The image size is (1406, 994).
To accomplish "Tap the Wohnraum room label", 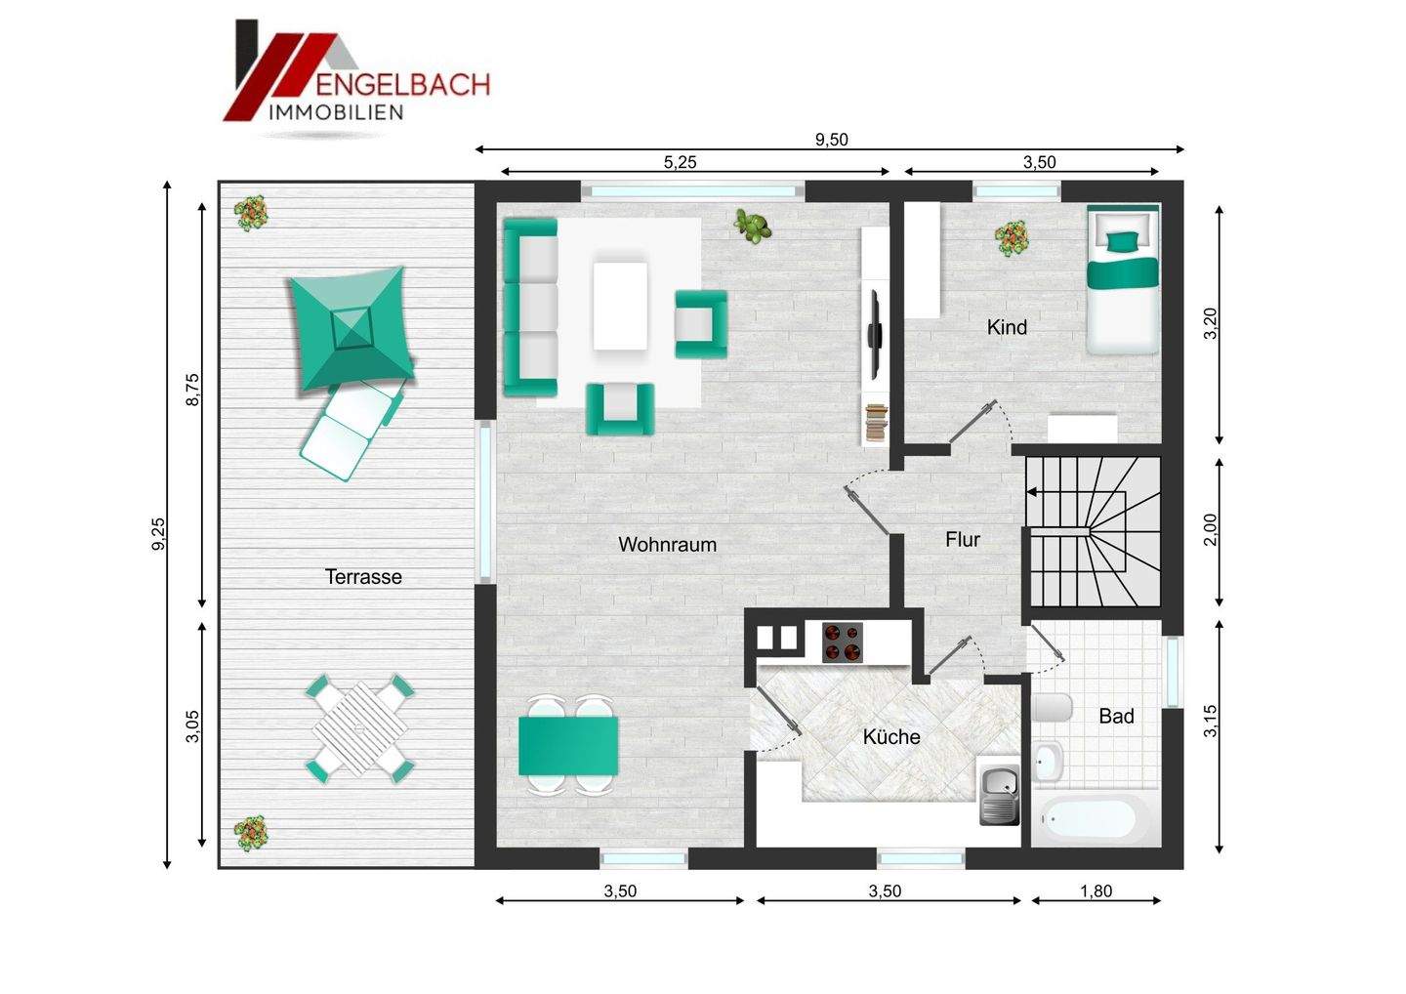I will coord(667,544).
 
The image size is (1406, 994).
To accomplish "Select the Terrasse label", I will coord(363,577).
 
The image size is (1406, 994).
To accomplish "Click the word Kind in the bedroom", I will coord(1007,327).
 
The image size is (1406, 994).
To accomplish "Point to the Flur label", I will coord(962,539).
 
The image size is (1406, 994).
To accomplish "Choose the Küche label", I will coord(891,736).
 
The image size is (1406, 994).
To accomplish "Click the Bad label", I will coord(1116,716).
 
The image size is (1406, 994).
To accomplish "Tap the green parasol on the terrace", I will coord(349,327).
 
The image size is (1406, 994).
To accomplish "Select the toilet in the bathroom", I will coord(1050,708).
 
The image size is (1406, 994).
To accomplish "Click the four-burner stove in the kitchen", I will coord(843,642).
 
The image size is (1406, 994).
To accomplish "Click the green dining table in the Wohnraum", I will coord(568,744).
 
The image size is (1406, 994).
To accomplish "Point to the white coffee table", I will coord(620,305).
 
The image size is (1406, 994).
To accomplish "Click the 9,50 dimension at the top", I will coord(831,140).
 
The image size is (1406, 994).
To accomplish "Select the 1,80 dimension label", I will coord(1096,890).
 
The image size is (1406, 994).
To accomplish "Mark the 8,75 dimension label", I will coord(191,391).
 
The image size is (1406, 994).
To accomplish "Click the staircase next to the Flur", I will coord(1093,532).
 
